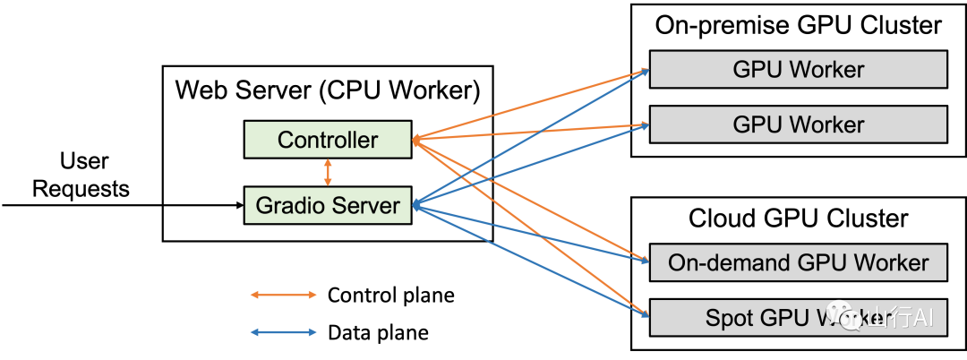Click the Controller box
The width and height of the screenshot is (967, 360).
[328, 140]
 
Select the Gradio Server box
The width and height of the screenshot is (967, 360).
[328, 205]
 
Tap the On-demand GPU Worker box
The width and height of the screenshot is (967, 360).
[798, 263]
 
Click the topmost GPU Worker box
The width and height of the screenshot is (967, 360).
[798, 70]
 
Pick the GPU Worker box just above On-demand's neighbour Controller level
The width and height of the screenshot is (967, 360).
[798, 124]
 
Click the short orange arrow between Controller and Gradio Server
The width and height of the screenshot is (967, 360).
[328, 172]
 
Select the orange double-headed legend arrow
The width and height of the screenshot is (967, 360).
[283, 295]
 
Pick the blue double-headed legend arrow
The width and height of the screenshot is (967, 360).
[283, 332]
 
